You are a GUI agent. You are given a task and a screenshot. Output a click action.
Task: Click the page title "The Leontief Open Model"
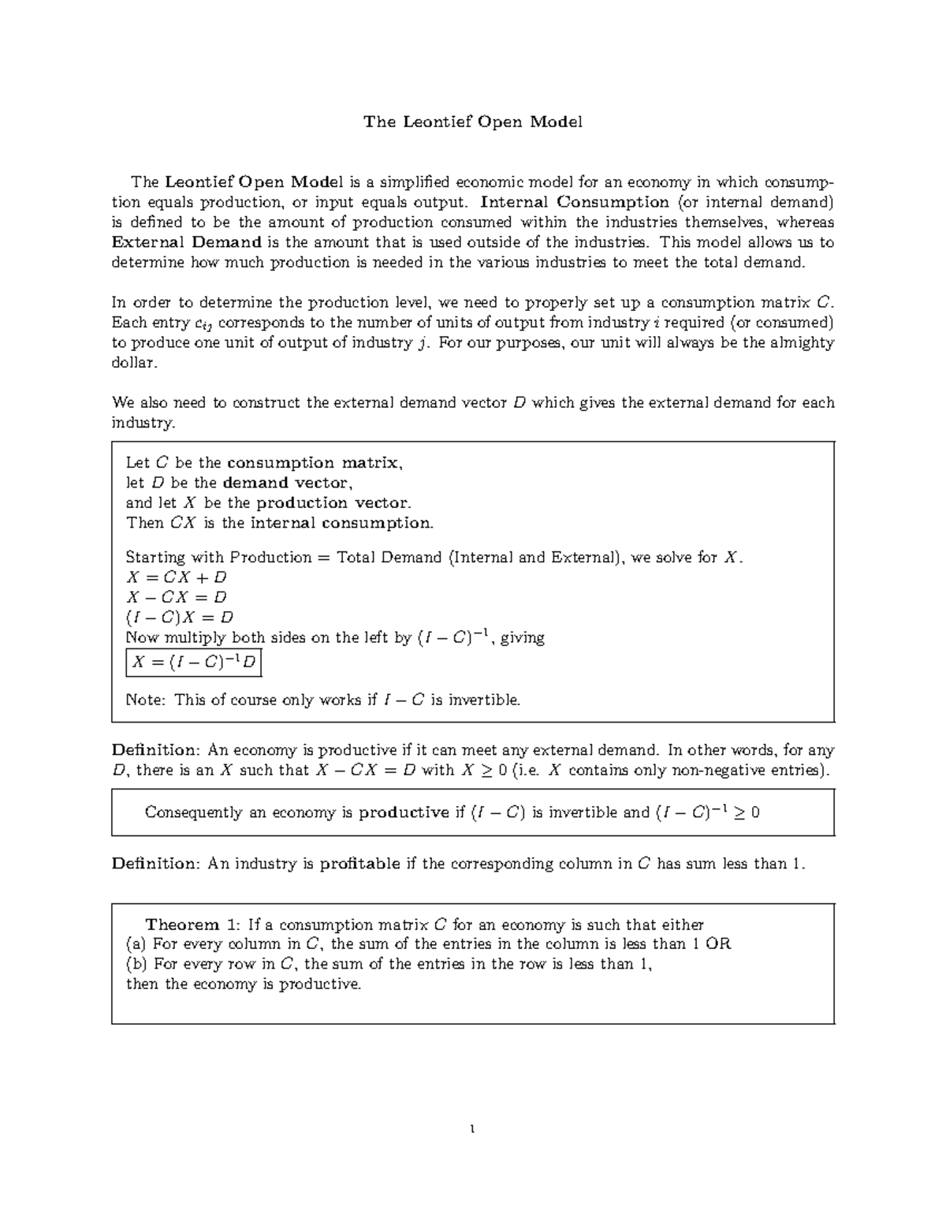click(x=472, y=121)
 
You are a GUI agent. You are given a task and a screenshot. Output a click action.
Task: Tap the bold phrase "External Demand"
click(x=186, y=242)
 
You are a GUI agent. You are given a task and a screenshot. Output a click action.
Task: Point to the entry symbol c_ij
click(x=203, y=323)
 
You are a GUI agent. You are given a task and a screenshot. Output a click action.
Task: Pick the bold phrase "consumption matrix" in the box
click(x=313, y=463)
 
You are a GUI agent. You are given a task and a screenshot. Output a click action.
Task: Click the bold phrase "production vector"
click(x=333, y=502)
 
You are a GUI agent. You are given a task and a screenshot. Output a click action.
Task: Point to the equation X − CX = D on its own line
click(x=177, y=597)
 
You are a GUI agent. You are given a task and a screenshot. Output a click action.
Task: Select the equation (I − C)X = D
click(x=180, y=617)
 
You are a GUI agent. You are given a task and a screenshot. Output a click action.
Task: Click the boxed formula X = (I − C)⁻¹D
click(x=193, y=663)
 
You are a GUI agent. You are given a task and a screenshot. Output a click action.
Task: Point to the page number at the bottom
click(x=471, y=1130)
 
